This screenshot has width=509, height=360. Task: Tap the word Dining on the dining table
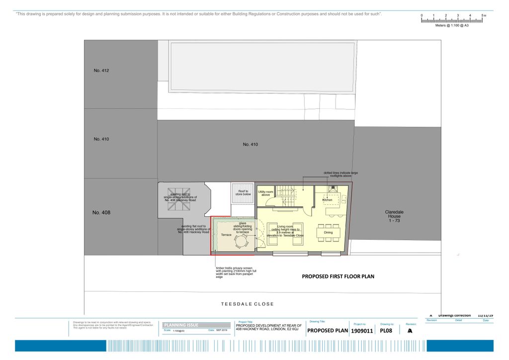click(x=329, y=232)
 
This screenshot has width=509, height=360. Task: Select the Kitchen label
click(x=327, y=200)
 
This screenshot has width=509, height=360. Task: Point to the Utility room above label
click(x=265, y=193)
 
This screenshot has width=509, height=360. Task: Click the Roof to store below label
click(x=243, y=192)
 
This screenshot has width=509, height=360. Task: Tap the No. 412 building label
click(x=101, y=71)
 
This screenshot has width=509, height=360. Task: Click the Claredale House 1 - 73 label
click(x=394, y=216)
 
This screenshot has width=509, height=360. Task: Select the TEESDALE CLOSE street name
click(x=248, y=304)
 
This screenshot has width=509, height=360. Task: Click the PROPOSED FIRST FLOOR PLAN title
click(x=338, y=276)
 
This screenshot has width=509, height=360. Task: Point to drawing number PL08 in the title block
click(x=386, y=331)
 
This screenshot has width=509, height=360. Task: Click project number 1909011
click(x=361, y=331)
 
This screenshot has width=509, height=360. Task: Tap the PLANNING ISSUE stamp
click(x=182, y=325)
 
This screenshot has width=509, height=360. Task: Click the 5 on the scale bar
click(x=482, y=16)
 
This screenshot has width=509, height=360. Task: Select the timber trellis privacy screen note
click(x=234, y=272)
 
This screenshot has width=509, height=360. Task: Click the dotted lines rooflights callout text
click(x=340, y=174)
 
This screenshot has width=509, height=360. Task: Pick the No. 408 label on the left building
click(x=101, y=212)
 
